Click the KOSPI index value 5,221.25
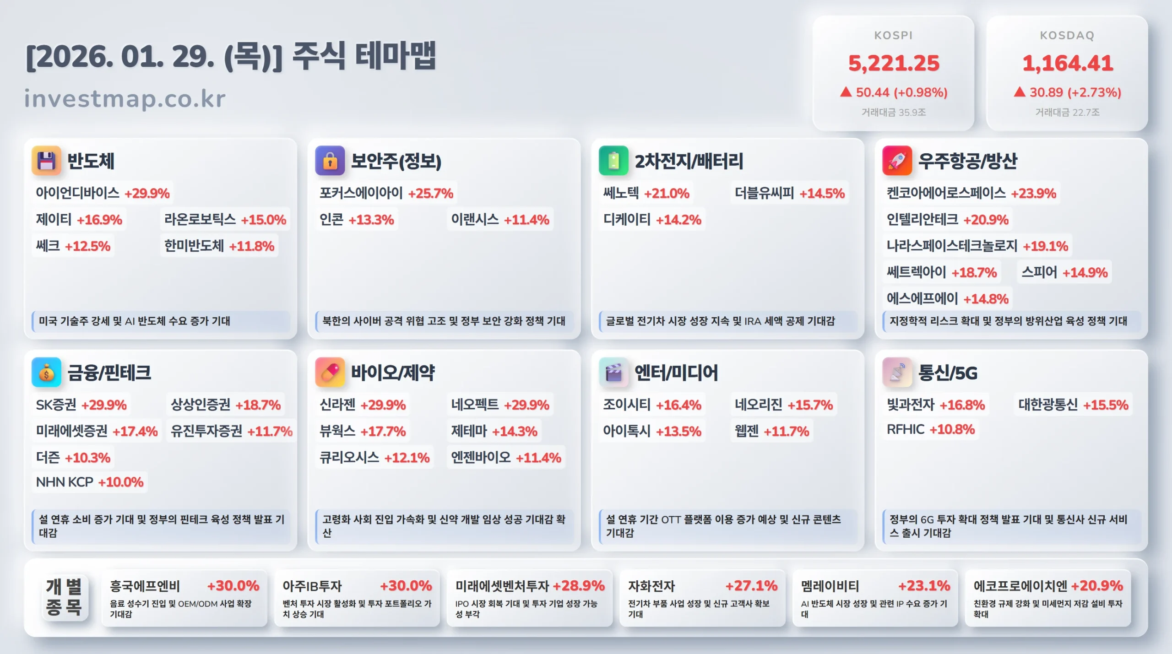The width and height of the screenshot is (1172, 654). click(894, 63)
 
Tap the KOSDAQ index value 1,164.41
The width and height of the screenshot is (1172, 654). click(1067, 63)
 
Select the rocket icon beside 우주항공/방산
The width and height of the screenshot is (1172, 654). click(897, 161)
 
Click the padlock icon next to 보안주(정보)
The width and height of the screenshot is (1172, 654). click(330, 161)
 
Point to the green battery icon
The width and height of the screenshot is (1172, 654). click(613, 161)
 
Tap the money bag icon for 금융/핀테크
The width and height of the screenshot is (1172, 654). click(46, 373)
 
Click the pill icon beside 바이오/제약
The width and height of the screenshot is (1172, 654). click(330, 373)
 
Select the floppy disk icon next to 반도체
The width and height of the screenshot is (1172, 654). click(46, 161)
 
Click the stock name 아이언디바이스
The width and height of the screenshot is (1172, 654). click(77, 193)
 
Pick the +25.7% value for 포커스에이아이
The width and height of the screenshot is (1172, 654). click(430, 193)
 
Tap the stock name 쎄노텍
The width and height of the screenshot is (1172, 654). click(621, 193)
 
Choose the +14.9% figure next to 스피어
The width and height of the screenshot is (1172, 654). click(1085, 273)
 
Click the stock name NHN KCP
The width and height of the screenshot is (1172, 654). click(65, 482)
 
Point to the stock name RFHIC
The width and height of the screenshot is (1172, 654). click(905, 429)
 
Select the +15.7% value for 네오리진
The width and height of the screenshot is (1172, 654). click(810, 405)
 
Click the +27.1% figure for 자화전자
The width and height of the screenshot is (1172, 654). click(751, 586)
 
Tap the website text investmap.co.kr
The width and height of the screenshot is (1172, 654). click(125, 99)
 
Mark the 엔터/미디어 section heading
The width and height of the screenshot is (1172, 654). click(676, 373)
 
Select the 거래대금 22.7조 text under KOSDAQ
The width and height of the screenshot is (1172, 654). click(1067, 113)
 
